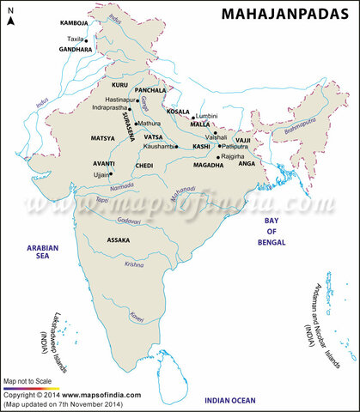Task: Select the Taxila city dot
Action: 86,40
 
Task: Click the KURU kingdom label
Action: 119,86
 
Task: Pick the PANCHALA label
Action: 150,89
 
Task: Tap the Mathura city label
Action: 149,124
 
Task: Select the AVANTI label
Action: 105,162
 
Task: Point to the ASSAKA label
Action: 119,241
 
